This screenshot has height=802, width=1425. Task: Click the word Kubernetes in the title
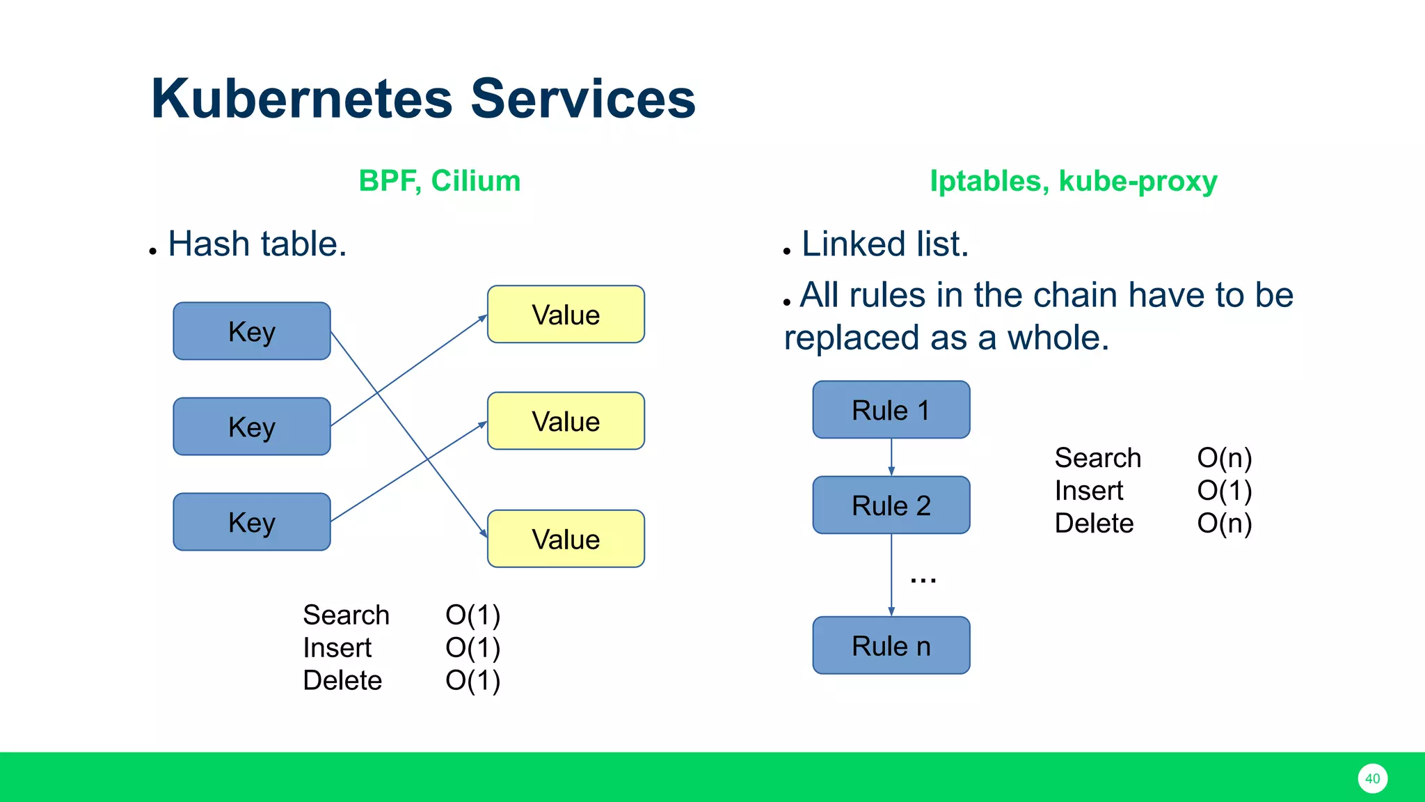pyautogui.click(x=301, y=99)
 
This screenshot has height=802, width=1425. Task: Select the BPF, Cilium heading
pyautogui.click(x=439, y=181)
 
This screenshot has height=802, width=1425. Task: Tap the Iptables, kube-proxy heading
pyautogui.click(x=1073, y=181)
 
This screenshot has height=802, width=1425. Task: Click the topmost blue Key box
pyautogui.click(x=252, y=331)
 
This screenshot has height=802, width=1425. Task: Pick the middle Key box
pyautogui.click(x=252, y=427)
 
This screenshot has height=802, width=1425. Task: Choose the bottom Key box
pyautogui.click(x=252, y=522)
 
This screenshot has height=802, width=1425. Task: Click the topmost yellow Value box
pyautogui.click(x=566, y=315)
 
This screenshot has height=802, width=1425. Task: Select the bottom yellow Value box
pyautogui.click(x=566, y=539)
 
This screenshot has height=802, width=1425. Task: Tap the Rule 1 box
pyautogui.click(x=891, y=410)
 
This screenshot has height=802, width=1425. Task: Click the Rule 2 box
pyautogui.click(x=891, y=505)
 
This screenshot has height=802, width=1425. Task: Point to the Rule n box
pyautogui.click(x=891, y=645)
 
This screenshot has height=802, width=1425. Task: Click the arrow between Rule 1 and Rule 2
pyautogui.click(x=891, y=457)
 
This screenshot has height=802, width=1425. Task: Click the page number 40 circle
pyautogui.click(x=1372, y=778)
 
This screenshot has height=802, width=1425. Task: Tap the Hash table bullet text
pyautogui.click(x=257, y=244)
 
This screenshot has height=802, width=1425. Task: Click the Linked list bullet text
pyautogui.click(x=884, y=244)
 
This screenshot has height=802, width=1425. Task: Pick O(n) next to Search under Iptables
pyautogui.click(x=1224, y=458)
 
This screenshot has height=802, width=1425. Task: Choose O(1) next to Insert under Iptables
pyautogui.click(x=1224, y=491)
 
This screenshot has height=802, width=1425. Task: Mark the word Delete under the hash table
pyautogui.click(x=342, y=680)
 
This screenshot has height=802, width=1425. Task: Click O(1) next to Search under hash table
pyautogui.click(x=472, y=615)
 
